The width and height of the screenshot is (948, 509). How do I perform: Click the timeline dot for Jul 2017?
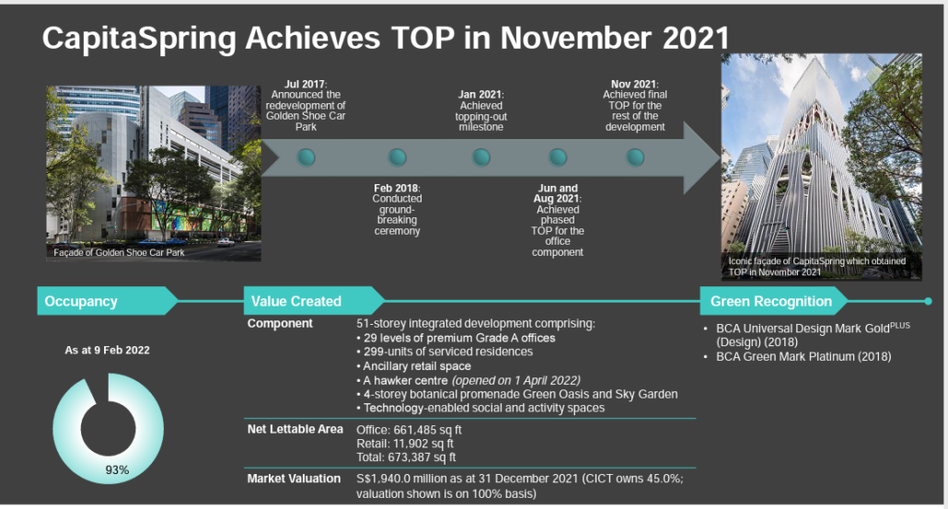(x=306, y=157)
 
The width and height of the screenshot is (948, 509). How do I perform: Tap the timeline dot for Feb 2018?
(x=398, y=157)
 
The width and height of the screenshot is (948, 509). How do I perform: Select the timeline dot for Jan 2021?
(x=481, y=157)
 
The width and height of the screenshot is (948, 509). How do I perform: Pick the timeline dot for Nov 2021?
(x=635, y=157)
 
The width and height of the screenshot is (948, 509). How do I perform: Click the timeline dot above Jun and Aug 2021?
(x=558, y=157)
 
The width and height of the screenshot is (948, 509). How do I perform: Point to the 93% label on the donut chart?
(x=117, y=469)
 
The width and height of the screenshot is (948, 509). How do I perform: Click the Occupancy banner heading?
(x=81, y=301)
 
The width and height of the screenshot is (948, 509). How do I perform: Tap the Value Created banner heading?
(x=296, y=301)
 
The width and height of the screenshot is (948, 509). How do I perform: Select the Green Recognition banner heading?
(x=771, y=301)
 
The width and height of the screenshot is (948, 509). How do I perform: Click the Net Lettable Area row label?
(x=295, y=429)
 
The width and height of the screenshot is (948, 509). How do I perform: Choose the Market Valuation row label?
(x=294, y=479)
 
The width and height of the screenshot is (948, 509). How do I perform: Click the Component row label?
(x=280, y=323)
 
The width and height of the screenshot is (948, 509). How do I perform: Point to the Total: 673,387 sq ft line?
(x=406, y=457)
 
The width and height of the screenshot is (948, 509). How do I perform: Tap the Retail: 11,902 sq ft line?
(x=405, y=444)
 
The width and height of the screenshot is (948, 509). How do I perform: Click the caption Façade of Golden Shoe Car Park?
(x=119, y=253)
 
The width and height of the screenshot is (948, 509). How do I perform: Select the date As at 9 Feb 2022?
(x=108, y=350)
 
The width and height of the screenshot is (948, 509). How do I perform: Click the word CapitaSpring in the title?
(x=139, y=39)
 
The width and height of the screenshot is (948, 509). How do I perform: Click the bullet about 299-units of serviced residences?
(x=445, y=352)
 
